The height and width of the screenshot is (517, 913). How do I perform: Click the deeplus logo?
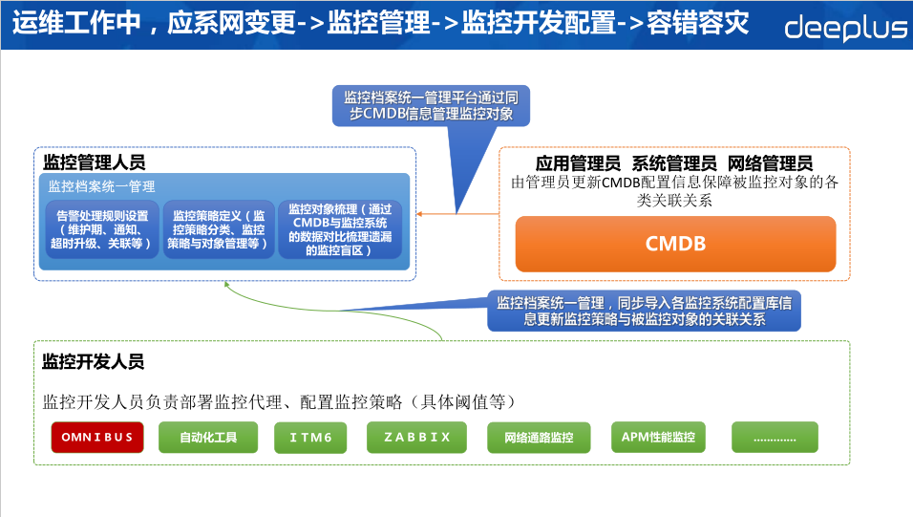click(845, 28)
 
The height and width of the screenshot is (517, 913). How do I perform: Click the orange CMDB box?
click(675, 244)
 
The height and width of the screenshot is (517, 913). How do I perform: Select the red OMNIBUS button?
click(97, 438)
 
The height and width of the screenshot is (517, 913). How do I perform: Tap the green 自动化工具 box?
click(207, 438)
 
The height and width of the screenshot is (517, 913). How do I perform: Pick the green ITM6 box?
click(310, 438)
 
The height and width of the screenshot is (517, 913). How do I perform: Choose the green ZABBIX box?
click(416, 438)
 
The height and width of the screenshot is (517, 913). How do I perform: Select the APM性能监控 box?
click(657, 438)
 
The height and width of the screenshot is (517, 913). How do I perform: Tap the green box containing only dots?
click(775, 438)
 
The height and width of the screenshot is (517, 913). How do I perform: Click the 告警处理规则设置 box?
click(102, 229)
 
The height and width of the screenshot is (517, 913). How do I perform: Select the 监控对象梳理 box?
click(340, 229)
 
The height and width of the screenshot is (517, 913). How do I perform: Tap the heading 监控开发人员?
click(93, 362)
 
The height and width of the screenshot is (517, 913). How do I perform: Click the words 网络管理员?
click(770, 163)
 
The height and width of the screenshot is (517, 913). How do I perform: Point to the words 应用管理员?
click(578, 163)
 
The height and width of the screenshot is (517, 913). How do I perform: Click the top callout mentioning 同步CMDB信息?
click(431, 106)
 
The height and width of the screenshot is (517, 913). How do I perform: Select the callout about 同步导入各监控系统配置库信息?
click(644, 312)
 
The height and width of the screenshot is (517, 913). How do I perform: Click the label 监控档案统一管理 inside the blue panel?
click(101, 187)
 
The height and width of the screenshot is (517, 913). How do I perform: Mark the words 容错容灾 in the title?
click(702, 23)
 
